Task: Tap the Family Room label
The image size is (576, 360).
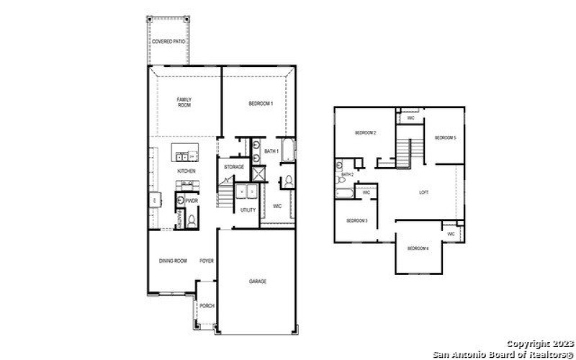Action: point(184,103)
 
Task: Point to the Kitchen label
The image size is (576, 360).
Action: point(186,171)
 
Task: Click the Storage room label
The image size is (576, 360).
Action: point(234,167)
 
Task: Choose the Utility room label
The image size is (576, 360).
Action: point(248,210)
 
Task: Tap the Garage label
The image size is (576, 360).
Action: point(258,281)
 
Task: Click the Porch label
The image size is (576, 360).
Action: point(207,306)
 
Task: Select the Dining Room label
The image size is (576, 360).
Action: point(173,261)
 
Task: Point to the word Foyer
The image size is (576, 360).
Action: point(207,261)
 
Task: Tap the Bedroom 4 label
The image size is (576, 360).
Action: point(418,248)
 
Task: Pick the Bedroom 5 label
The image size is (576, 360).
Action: point(445,138)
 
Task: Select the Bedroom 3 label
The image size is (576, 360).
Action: point(357,220)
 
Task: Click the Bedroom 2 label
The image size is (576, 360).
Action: point(366,133)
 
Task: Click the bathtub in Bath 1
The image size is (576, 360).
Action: point(289,152)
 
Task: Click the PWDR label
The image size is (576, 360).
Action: point(192,201)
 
